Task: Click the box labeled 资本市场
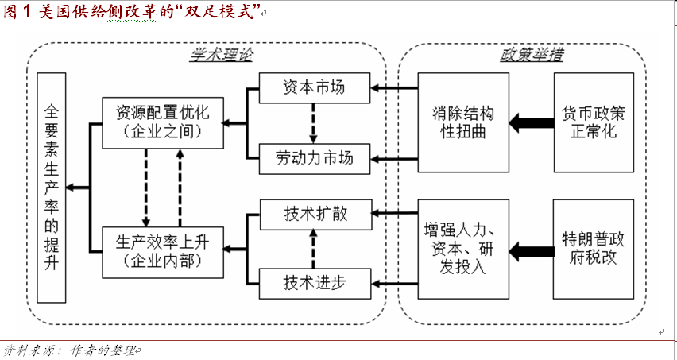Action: pos(314,87)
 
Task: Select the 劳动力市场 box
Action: pos(314,159)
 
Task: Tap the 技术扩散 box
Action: pos(314,213)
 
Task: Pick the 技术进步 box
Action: pos(314,281)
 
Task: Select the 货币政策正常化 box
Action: pos(594,121)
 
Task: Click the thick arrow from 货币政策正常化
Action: pos(531,122)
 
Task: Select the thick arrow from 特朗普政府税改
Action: pos(531,253)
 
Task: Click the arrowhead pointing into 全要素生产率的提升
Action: pos(72,188)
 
